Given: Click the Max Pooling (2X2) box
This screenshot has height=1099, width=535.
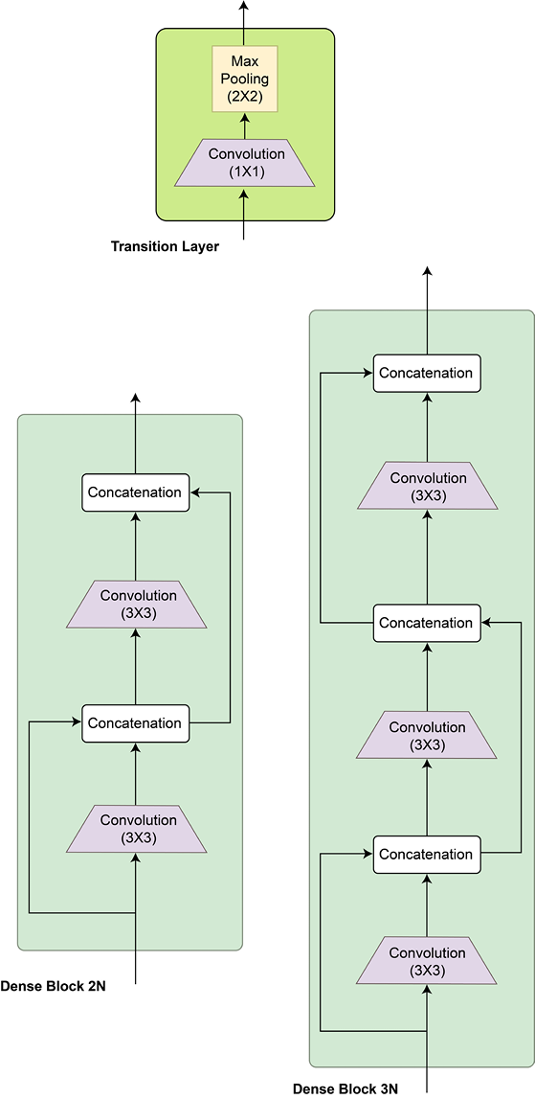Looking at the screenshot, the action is [x=244, y=79].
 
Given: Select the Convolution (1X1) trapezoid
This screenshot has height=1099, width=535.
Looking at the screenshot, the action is [x=244, y=162].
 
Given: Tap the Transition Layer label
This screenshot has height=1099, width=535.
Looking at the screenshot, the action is [x=166, y=246].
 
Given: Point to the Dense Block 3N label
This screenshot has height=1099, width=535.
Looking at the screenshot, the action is [x=346, y=1088].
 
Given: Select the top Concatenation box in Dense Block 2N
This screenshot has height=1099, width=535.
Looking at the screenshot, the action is [x=136, y=492].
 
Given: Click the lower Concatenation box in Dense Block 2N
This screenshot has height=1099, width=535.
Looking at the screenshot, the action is [x=136, y=723].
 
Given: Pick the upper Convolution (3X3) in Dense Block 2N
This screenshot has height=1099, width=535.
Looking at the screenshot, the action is [x=137, y=604].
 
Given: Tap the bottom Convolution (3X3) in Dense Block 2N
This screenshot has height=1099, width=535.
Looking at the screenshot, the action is [x=137, y=829].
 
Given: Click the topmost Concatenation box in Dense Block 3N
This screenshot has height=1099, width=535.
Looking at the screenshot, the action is [x=427, y=373].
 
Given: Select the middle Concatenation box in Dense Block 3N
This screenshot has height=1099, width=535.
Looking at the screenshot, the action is [x=427, y=623].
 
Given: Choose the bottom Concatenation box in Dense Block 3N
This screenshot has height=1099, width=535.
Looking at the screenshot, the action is [x=427, y=855].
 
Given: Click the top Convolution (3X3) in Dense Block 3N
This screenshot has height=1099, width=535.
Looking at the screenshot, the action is [x=427, y=485].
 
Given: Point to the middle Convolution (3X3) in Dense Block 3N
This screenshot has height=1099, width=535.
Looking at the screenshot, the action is [x=427, y=735].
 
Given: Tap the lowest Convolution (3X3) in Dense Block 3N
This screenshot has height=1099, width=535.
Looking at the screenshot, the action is [x=427, y=960].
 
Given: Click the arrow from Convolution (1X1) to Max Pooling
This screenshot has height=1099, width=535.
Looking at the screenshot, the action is [x=244, y=126].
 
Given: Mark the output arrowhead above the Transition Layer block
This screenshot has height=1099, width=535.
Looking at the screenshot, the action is [x=244, y=5].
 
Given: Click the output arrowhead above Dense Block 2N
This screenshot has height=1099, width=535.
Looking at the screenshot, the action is [x=136, y=397].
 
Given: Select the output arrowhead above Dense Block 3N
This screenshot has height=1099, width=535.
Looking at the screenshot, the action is [x=427, y=271].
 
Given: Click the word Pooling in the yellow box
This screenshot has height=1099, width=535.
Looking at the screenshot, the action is [x=244, y=80].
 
